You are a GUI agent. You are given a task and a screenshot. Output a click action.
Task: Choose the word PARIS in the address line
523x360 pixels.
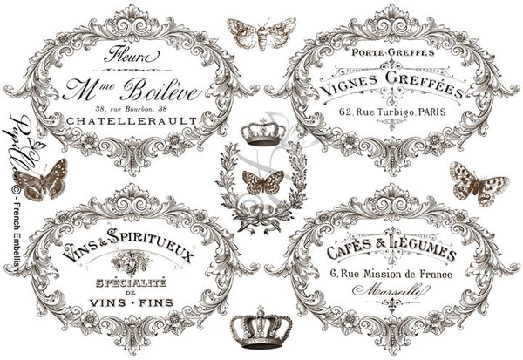[x=436, y=112]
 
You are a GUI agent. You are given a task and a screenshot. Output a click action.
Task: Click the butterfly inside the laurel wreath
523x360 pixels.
[x=261, y=182]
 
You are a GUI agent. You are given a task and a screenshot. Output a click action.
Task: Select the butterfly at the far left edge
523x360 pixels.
[x=42, y=179]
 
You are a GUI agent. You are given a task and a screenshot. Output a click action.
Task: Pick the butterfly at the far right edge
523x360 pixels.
[x=479, y=182]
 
